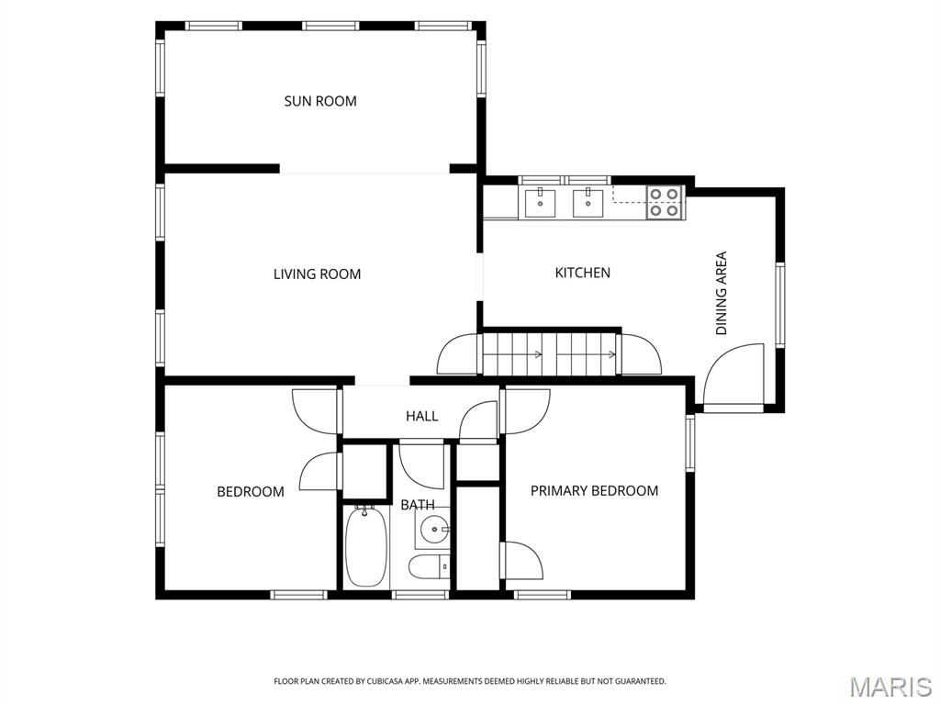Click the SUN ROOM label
[x=320, y=101]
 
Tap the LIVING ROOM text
[x=317, y=274]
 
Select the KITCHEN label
[x=583, y=273]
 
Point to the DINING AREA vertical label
[x=722, y=293]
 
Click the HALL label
[x=422, y=416]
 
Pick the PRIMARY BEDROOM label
[x=594, y=491]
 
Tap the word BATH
[x=418, y=505]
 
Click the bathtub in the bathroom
[x=365, y=547]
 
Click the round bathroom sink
[x=434, y=530]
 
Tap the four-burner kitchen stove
[x=666, y=202]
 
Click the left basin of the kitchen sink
[x=540, y=203]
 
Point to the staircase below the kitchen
[x=551, y=353]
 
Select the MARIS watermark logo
[x=890, y=687]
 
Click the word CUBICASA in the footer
[x=386, y=681]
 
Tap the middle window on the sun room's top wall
[x=330, y=26]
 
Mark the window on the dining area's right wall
[x=780, y=305]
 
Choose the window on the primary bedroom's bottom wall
[x=542, y=595]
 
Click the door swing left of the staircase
[x=459, y=355]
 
